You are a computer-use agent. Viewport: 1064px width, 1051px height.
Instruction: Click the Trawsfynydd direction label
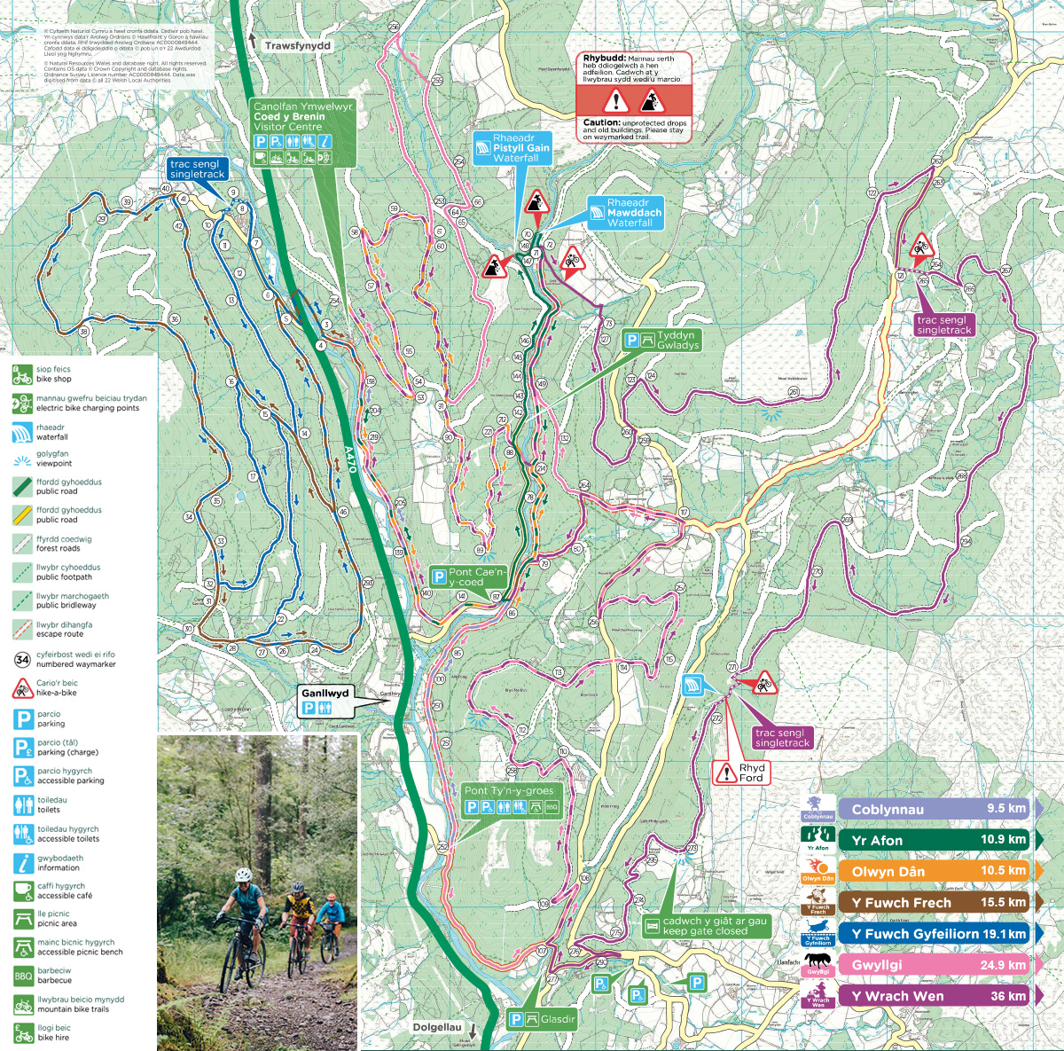[297, 46]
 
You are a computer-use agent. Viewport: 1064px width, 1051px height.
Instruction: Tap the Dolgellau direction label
[437, 1027]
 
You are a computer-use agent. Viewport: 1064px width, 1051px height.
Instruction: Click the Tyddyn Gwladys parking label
[661, 341]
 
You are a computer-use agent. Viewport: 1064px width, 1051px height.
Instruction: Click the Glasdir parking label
[543, 1019]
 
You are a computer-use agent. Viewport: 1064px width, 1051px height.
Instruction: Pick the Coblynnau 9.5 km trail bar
[935, 809]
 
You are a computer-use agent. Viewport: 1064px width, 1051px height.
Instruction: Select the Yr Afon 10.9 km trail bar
[935, 840]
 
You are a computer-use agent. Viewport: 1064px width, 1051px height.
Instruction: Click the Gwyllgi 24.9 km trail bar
[935, 965]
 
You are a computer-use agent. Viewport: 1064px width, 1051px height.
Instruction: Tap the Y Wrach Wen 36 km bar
[935, 996]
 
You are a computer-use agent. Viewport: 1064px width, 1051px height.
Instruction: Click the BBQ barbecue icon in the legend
[23, 976]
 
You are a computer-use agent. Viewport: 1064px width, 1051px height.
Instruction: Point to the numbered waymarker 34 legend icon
[23, 659]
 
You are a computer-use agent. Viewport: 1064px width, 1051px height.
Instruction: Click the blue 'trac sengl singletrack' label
[197, 169]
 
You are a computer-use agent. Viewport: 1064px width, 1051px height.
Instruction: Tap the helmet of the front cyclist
[242, 875]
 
